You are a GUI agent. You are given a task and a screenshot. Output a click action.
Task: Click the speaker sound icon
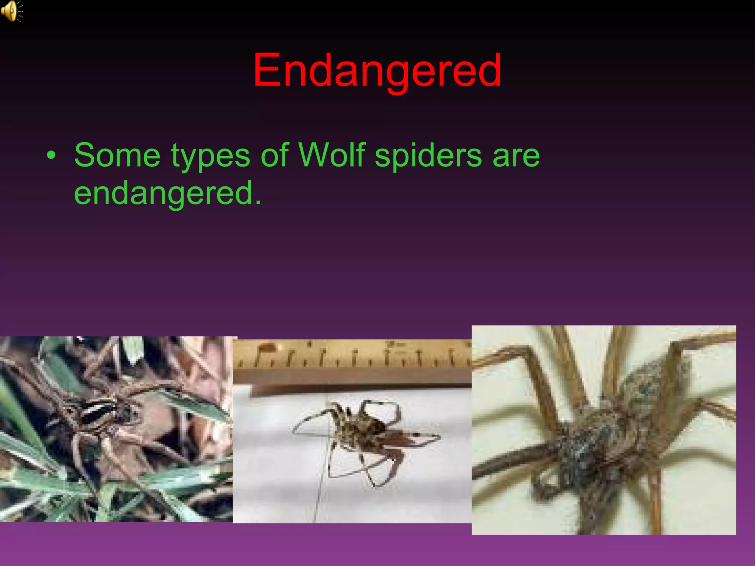[x=11, y=11]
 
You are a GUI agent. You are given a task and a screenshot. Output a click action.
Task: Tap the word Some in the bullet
[x=117, y=155]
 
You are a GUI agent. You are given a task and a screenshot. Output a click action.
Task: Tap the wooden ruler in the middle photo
[x=350, y=365]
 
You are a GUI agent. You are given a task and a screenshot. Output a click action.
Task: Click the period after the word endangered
[x=258, y=203]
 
